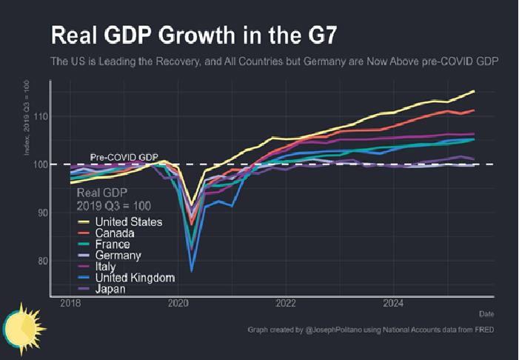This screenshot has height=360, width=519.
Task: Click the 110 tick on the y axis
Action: point(40,116)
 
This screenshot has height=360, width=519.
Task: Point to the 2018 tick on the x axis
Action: point(70,303)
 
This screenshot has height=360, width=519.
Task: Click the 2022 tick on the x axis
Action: point(286,303)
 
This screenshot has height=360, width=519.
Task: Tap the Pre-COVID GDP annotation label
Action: point(124,157)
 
